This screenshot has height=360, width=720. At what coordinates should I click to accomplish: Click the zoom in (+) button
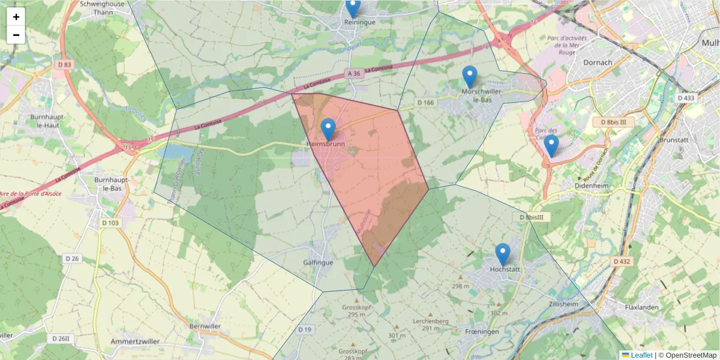point(16,17)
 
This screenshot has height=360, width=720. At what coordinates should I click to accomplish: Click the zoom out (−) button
point(16,35)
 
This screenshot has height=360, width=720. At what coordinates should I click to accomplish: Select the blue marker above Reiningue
point(353,7)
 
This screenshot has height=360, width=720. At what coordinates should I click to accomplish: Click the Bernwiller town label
point(205,326)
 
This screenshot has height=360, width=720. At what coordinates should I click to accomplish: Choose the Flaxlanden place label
point(641,307)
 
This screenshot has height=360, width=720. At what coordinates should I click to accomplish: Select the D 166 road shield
point(425,103)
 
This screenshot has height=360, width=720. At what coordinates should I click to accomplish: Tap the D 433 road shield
point(685,97)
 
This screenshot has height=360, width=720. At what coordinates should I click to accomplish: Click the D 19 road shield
point(305,329)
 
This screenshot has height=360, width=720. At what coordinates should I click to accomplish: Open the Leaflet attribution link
point(641,355)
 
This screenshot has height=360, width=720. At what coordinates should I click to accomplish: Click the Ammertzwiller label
point(135,341)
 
